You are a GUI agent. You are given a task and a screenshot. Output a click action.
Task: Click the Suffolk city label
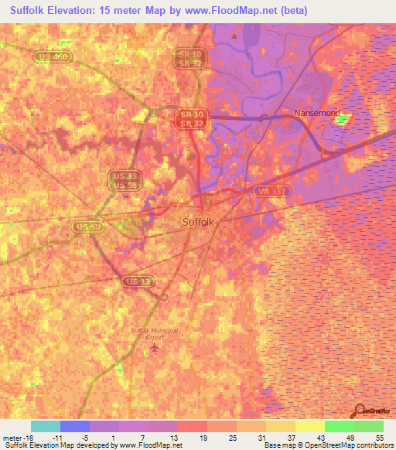tap(199, 222)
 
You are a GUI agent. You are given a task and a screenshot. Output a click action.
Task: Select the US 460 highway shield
tap(53, 56)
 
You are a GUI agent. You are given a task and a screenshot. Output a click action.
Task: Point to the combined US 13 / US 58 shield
tap(123, 180)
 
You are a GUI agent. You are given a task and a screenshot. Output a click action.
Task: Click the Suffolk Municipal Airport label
tap(154, 333)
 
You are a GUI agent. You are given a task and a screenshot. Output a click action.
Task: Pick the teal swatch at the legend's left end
tap(45, 426)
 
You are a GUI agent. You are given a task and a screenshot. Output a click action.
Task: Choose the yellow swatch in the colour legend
tap(309, 426)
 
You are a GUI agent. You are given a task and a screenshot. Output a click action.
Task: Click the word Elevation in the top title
tap(77, 11)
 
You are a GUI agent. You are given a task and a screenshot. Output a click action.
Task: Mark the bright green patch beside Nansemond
tap(342, 119)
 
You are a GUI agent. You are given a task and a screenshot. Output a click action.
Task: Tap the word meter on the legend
tap(13, 437)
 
